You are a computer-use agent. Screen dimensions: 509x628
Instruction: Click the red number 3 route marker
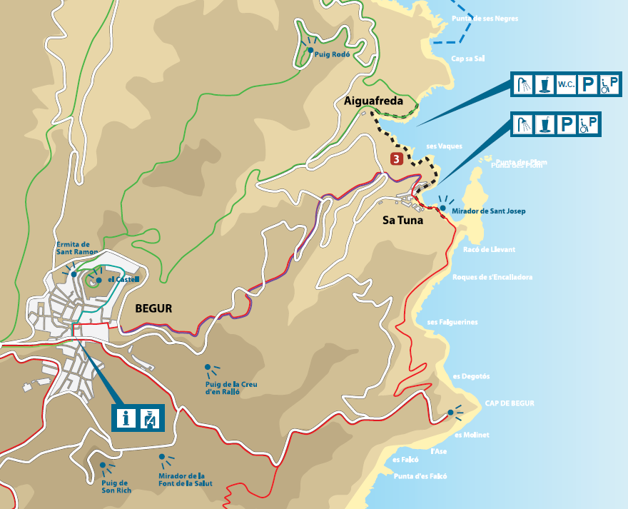[397, 158]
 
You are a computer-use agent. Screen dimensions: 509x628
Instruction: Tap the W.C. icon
[566, 85]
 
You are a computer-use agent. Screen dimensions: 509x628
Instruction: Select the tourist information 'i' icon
[126, 418]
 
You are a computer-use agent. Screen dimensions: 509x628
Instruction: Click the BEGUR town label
[153, 308]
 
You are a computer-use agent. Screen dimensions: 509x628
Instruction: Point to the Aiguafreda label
[373, 102]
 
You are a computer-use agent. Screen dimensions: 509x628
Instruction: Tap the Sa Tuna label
[402, 220]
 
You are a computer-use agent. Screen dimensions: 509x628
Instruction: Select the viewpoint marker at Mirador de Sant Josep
[442, 208]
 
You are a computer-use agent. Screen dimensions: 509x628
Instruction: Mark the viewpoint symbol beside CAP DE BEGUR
[450, 413]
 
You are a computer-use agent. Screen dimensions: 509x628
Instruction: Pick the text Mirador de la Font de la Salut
[186, 480]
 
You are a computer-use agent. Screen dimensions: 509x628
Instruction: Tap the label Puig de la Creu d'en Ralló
[231, 388]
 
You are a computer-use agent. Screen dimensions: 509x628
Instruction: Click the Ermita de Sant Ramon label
[73, 248]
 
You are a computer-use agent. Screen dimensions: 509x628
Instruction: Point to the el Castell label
[123, 279]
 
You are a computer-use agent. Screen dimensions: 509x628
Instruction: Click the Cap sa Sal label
[468, 59]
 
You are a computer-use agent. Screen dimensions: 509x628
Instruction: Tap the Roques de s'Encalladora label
[492, 277]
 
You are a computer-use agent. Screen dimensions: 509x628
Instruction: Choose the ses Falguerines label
[452, 322]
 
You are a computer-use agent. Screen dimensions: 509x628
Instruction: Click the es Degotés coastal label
[471, 376]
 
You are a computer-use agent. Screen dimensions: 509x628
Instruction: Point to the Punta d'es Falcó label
[420, 476]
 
